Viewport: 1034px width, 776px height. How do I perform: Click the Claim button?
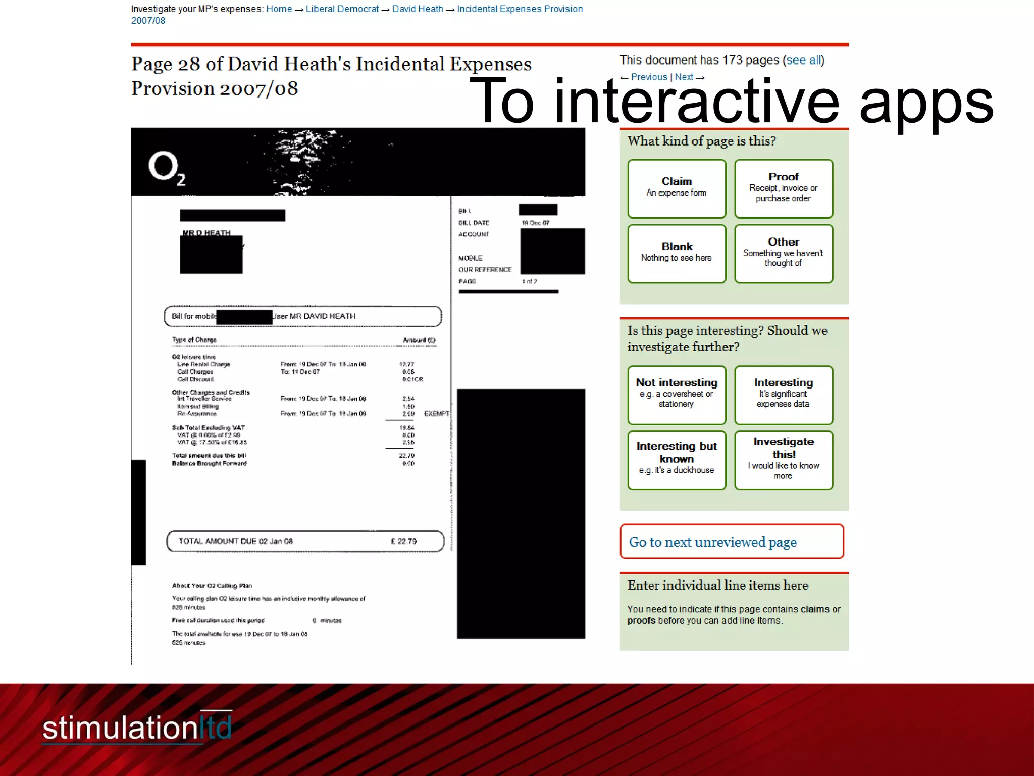coord(677,188)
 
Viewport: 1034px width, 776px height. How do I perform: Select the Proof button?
coord(783,188)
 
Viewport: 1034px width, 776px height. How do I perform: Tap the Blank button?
coord(677,253)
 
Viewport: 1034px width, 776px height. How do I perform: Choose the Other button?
coord(783,253)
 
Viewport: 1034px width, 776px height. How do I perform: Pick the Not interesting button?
coord(677,395)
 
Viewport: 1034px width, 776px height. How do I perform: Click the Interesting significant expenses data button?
coord(783,395)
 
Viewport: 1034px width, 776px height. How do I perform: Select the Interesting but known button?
coord(677,460)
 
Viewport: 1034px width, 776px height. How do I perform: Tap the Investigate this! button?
coord(783,460)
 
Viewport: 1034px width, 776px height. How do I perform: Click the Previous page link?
coord(648,77)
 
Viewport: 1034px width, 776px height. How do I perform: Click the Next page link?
coord(684,77)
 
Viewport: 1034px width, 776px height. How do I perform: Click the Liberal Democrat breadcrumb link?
coord(342,9)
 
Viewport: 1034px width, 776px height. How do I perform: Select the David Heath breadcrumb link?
coord(418,9)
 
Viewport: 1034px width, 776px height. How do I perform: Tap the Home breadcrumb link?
coord(279,9)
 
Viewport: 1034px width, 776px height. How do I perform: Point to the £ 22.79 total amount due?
coord(403,541)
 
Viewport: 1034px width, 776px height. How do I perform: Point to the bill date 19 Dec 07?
coord(535,223)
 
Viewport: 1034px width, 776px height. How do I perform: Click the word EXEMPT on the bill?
coord(436,414)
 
